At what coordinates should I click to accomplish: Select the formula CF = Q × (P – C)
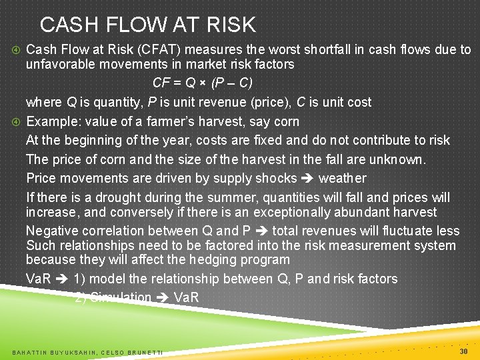point(202,83)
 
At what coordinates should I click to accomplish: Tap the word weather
point(342,178)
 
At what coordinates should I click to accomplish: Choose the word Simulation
point(120,297)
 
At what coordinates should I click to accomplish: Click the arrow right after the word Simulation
point(162,297)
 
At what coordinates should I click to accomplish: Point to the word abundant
point(362,213)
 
